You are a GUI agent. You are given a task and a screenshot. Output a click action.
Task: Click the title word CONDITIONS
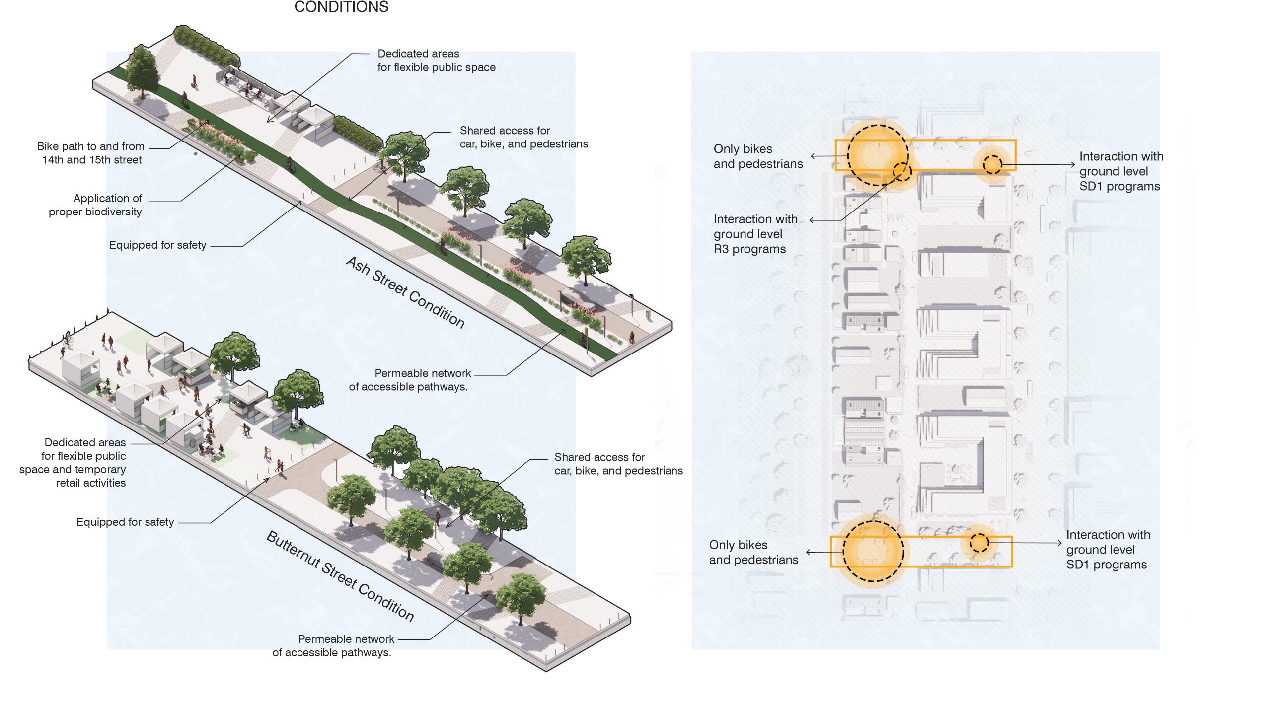pyautogui.click(x=341, y=7)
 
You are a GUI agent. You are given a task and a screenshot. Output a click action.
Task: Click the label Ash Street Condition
pyautogui.click(x=405, y=293)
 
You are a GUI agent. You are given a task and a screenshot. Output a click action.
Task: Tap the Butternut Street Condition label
pyautogui.click(x=340, y=576)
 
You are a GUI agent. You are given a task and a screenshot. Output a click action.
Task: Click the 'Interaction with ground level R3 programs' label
pyautogui.click(x=755, y=234)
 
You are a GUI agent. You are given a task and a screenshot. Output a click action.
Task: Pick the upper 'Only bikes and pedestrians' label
pyautogui.click(x=758, y=156)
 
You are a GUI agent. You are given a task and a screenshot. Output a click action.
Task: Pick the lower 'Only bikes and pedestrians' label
pyautogui.click(x=753, y=552)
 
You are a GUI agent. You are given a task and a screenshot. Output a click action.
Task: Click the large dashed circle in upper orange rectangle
pyautogui.click(x=878, y=155)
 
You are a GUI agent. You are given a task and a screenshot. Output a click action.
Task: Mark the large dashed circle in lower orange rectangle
pyautogui.click(x=874, y=552)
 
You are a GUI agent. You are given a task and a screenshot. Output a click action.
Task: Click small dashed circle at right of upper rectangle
pyautogui.click(x=992, y=164)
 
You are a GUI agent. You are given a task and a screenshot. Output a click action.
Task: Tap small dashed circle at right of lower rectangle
pyautogui.click(x=979, y=543)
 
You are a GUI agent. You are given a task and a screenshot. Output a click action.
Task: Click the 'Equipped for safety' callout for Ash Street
pyautogui.click(x=157, y=245)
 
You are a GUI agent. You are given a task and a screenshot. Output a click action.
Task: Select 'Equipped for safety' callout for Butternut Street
pyautogui.click(x=125, y=522)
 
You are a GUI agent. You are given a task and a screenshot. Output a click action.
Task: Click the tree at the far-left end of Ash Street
pyautogui.click(x=142, y=72)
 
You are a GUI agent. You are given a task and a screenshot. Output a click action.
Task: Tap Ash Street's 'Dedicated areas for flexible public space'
pyautogui.click(x=436, y=61)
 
